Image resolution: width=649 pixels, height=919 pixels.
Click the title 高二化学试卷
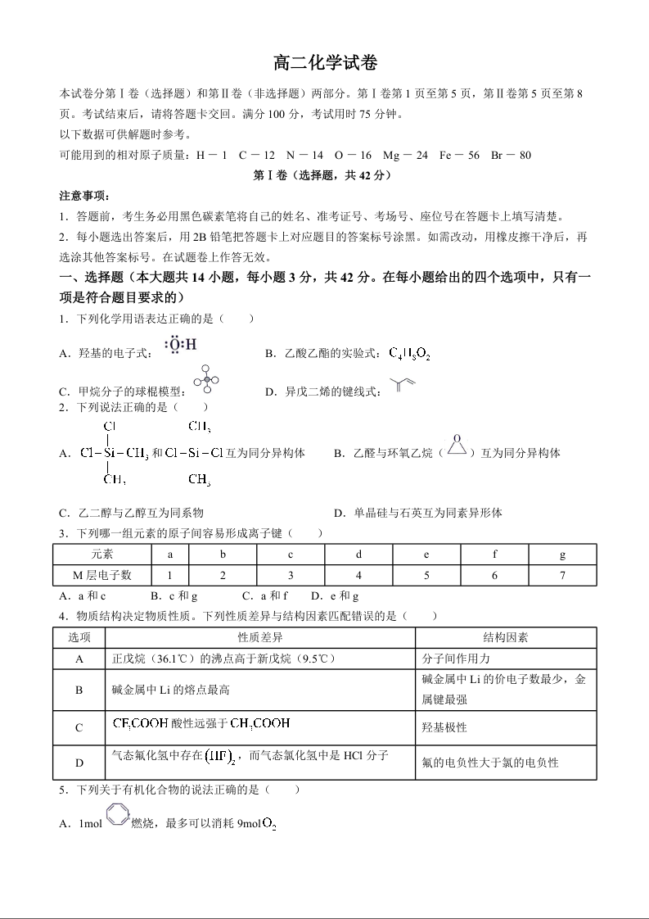pyautogui.click(x=325, y=63)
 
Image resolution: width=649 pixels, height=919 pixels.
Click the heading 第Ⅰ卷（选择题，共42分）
pyautogui.click(x=324, y=175)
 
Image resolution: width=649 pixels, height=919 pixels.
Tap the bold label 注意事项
pyautogui.click(x=84, y=197)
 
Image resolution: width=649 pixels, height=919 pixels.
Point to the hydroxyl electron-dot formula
pyautogui.click(x=180, y=346)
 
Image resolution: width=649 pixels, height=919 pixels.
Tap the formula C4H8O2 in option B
pyautogui.click(x=408, y=353)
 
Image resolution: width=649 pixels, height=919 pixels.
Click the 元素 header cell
pyautogui.click(x=102, y=555)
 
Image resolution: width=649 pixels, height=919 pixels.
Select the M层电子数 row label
pyautogui.click(x=102, y=576)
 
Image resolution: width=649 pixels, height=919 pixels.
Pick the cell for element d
pyautogui.click(x=358, y=555)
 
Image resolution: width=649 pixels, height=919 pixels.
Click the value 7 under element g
pyautogui.click(x=562, y=576)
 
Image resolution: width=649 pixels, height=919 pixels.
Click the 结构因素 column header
pyautogui.click(x=505, y=637)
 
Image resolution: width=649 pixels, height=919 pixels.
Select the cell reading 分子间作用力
pyautogui.click(x=457, y=659)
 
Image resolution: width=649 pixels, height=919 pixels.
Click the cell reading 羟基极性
pyautogui.click(x=444, y=727)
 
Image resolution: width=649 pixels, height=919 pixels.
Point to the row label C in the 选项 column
pyautogui.click(x=79, y=727)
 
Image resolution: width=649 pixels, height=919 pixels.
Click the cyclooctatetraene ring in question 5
pyautogui.click(x=117, y=821)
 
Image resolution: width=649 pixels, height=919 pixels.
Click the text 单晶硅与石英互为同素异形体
pyautogui.click(x=428, y=514)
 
